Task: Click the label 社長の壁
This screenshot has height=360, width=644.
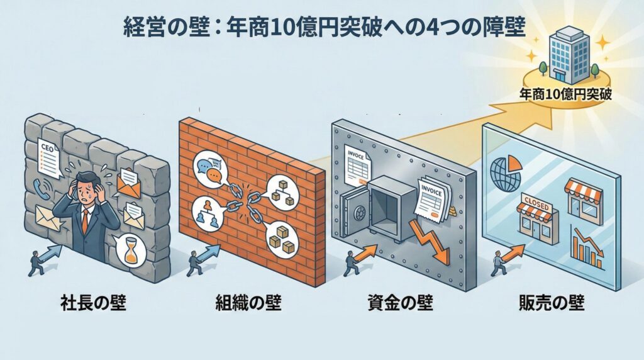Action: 94,304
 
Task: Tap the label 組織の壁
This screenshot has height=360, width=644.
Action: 247,304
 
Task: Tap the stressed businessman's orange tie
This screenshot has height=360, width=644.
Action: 84,222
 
